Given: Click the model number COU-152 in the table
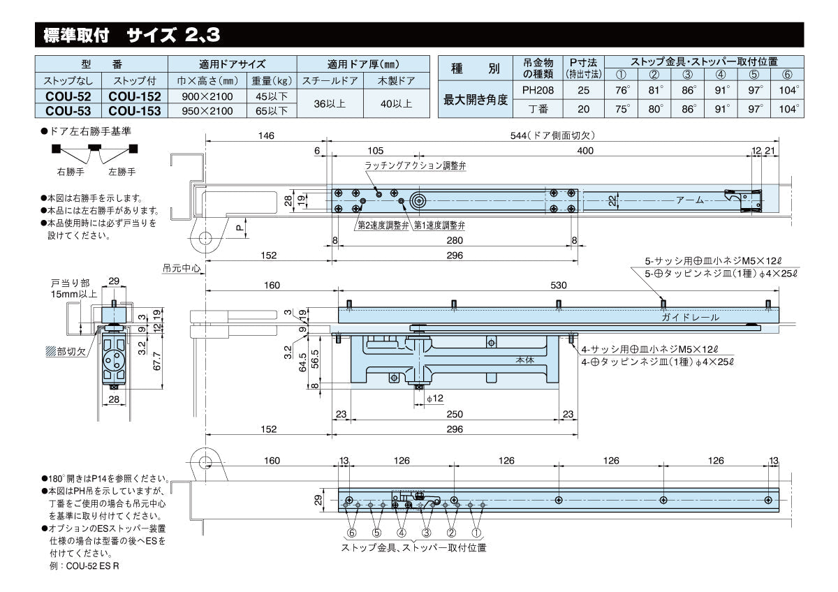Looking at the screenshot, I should tap(135, 96).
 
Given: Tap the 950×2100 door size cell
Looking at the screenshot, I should tap(207, 110).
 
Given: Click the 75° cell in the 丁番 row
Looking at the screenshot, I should tap(622, 109).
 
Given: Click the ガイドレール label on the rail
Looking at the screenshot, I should tap(691, 317).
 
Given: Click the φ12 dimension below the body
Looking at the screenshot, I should tap(434, 398).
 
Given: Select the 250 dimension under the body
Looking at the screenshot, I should tap(454, 413).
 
